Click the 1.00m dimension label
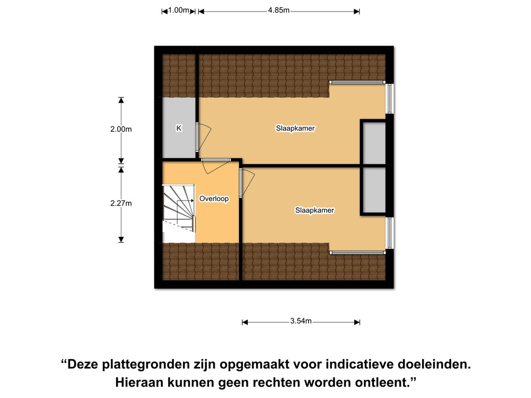tap(178, 10)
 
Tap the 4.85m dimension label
tap(278, 10)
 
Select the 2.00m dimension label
tap(121, 129)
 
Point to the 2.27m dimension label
tap(121, 203)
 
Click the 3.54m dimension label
tap(301, 321)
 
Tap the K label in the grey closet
tap(179, 129)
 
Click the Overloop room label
tap(214, 198)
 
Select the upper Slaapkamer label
tap(295, 129)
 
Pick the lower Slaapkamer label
tap(315, 210)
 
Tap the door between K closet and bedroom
tap(203, 137)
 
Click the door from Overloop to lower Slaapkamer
tap(246, 183)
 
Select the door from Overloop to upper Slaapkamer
tap(216, 166)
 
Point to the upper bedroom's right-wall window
tap(389, 98)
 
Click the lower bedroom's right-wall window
tap(389, 233)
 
